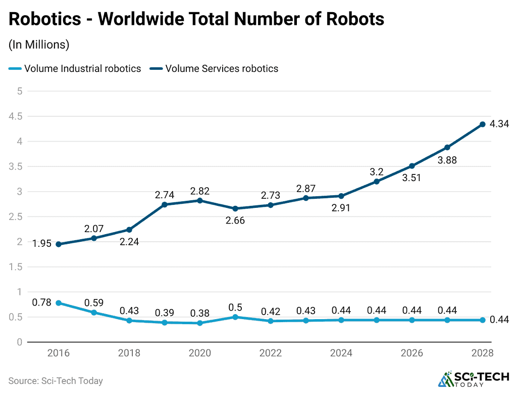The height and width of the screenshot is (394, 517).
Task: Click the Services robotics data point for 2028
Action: (482, 124)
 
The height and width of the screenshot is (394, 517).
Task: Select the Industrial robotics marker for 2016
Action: (59, 303)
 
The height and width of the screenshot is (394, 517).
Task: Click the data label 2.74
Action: (165, 195)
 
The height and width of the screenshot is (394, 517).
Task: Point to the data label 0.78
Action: (41, 302)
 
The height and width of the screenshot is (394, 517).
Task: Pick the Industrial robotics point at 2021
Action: (235, 317)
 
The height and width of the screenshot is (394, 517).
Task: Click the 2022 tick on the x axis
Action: (271, 353)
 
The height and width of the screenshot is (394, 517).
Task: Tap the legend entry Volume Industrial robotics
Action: (75, 68)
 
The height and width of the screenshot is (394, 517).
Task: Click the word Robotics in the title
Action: (45, 19)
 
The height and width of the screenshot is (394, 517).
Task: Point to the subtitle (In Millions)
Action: (39, 45)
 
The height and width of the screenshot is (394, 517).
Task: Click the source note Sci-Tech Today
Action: (56, 381)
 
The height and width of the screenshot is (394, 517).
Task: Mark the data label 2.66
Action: (235, 221)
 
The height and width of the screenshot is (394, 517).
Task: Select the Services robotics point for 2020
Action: (200, 200)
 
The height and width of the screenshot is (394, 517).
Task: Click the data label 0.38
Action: (200, 313)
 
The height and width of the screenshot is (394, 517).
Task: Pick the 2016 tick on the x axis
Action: (59, 353)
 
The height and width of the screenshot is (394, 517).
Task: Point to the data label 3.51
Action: (411, 178)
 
